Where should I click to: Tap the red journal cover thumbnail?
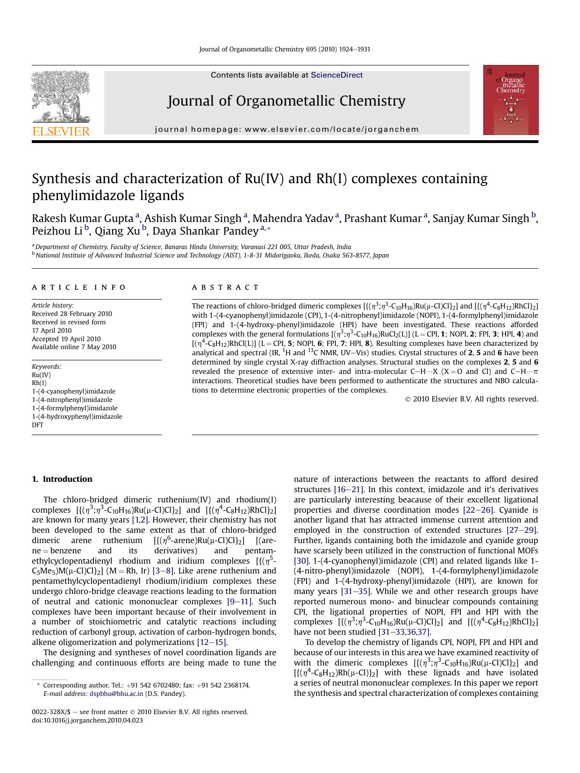point(510,100)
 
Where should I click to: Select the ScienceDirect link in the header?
point(337,75)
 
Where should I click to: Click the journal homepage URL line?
point(287,129)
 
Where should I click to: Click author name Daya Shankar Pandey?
point(206,231)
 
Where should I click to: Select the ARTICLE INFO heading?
point(79,287)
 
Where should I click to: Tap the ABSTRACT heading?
point(225,287)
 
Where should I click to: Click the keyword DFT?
point(37,425)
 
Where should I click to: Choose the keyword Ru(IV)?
point(41,375)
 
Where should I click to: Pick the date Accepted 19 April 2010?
point(66,339)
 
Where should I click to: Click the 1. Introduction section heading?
point(62,479)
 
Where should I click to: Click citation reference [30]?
point(301,560)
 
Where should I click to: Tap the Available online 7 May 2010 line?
point(74,347)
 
